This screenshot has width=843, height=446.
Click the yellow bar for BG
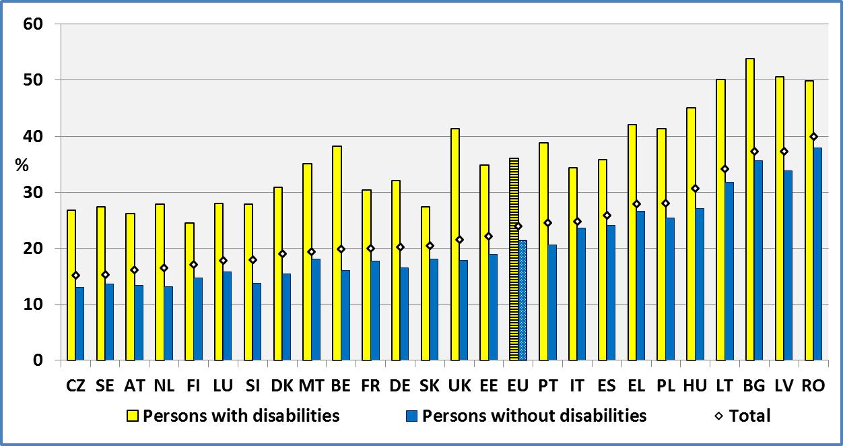coord(750,210)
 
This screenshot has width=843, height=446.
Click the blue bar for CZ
coord(80,324)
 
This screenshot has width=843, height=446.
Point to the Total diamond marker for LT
coord(724,169)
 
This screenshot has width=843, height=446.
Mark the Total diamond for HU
coord(695,189)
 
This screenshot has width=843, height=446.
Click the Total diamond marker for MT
coord(311,252)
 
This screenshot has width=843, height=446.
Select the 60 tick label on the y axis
coord(33,24)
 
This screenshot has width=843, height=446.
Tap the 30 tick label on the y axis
coord(33,193)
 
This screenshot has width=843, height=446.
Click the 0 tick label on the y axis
coord(38,360)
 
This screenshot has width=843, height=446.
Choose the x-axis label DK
coord(282,385)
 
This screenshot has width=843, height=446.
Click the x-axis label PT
coord(547,385)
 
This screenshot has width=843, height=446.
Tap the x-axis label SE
coord(105,385)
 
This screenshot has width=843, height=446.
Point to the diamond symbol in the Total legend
coord(719,416)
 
